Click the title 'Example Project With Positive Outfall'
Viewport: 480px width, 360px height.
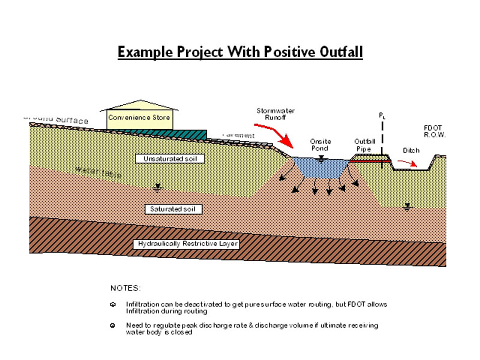click(240, 52)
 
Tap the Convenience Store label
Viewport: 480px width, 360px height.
click(141, 118)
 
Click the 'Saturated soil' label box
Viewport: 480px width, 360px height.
click(173, 209)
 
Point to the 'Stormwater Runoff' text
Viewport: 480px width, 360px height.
click(275, 114)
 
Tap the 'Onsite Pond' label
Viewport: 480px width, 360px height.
click(320, 145)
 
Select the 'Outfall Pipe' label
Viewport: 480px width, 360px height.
click(364, 145)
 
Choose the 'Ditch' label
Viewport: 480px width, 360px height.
click(411, 150)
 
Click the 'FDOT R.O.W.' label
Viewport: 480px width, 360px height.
click(434, 132)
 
